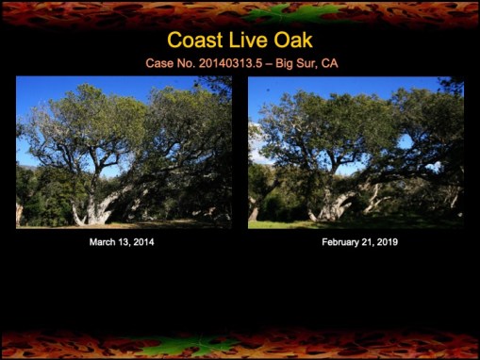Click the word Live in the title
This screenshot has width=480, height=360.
tap(248, 41)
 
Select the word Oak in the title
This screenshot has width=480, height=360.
tap(292, 41)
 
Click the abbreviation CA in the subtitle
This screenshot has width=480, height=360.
tap(329, 63)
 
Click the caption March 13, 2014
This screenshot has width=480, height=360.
tap(122, 242)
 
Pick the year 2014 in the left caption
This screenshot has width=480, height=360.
tap(142, 242)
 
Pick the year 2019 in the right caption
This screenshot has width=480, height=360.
tap(376, 242)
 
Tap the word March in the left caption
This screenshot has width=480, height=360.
tap(103, 242)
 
